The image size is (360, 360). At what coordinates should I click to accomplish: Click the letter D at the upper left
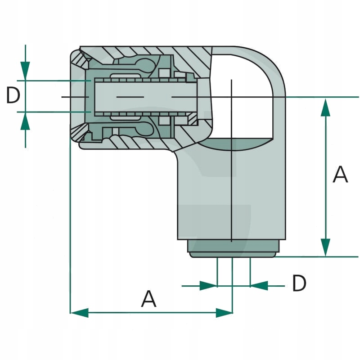[x=13, y=96]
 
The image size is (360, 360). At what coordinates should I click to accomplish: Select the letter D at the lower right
[x=299, y=283]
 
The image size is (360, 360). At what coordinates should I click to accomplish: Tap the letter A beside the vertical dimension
[x=340, y=175]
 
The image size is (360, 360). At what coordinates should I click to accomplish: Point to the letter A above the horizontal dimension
[x=148, y=299]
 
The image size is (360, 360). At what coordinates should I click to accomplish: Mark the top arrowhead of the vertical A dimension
[x=325, y=107]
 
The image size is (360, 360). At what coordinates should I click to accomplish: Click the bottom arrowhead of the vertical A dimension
[x=325, y=247]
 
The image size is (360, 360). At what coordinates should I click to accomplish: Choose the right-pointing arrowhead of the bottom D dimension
[x=208, y=286]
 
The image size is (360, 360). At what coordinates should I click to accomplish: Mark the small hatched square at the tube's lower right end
[x=193, y=119]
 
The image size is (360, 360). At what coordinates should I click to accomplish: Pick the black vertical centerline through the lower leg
[x=231, y=193]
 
